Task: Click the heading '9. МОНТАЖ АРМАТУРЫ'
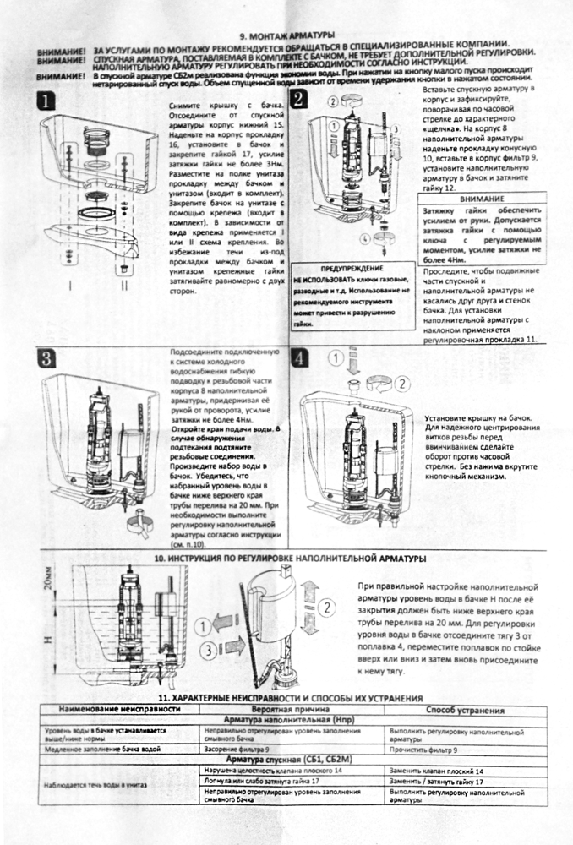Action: coord(287,35)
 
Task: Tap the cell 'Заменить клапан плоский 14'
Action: coord(436,771)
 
